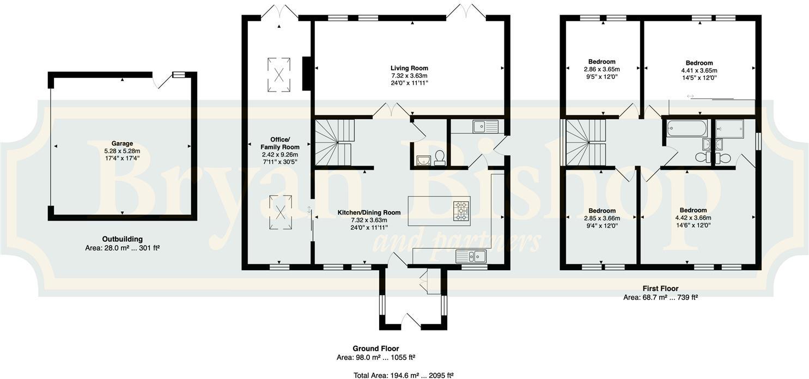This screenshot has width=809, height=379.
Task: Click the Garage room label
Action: (x=122, y=144)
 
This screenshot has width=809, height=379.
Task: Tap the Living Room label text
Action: (x=409, y=68)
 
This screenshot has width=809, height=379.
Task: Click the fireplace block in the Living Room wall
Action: (x=307, y=72)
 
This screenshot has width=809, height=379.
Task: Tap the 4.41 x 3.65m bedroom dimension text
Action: (x=699, y=70)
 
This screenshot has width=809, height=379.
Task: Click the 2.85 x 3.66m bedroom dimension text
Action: (x=602, y=218)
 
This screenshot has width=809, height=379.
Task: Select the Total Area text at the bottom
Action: (x=404, y=375)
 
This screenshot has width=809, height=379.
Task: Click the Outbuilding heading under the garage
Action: (x=122, y=239)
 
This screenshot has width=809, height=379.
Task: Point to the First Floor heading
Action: (x=660, y=289)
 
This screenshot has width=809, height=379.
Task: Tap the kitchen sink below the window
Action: (x=471, y=256)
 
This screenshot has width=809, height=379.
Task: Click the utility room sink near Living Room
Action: (x=485, y=127)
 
